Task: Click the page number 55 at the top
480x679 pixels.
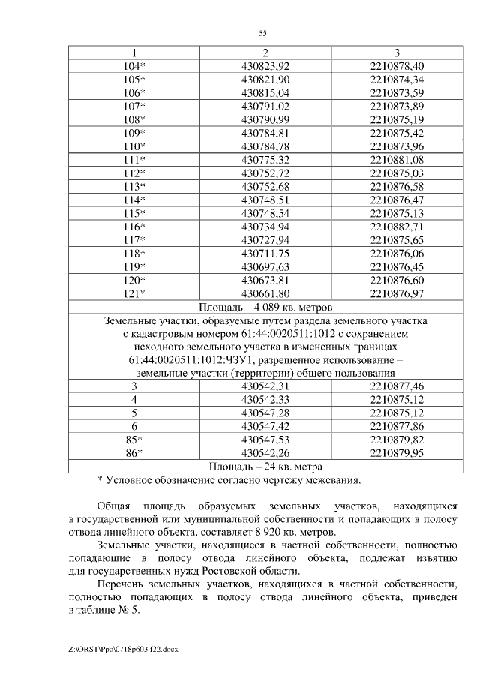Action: (x=262, y=33)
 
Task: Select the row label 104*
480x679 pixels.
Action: (x=134, y=66)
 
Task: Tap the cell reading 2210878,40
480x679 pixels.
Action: (x=397, y=66)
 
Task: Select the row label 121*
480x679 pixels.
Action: (x=134, y=293)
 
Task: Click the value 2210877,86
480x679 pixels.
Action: (x=397, y=426)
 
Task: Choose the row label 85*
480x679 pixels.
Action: (x=134, y=440)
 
